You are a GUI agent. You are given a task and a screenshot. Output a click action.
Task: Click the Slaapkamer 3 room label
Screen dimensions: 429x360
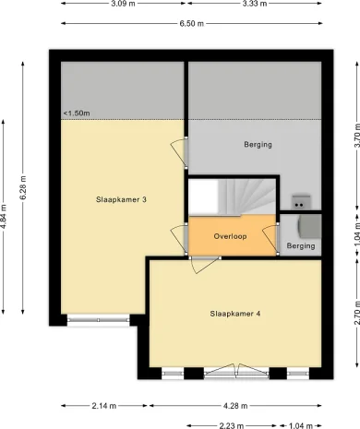click(122, 199)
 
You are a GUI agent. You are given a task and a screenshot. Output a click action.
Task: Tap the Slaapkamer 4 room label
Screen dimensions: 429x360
click(232, 314)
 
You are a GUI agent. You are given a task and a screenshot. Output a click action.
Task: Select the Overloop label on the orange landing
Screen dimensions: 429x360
click(231, 235)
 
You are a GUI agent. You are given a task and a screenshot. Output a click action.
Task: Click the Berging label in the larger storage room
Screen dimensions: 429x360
click(258, 145)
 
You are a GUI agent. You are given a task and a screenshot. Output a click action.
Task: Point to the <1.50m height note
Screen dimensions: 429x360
click(77, 113)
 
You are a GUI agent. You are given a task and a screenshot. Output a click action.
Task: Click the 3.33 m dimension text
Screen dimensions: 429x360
click(256, 4)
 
